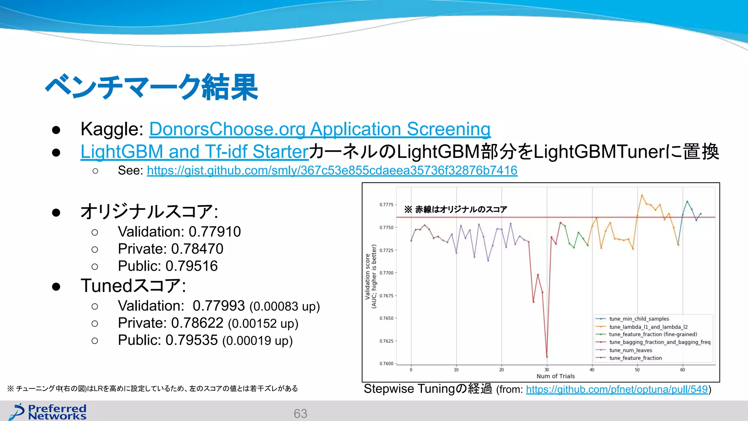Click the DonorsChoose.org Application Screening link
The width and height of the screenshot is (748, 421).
tap(320, 129)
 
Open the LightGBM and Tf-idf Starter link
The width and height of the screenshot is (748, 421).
tap(194, 152)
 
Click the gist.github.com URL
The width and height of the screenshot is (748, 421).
tap(332, 170)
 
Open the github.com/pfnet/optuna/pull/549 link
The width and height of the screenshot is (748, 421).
tap(617, 389)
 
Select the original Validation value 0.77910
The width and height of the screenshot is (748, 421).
tap(215, 232)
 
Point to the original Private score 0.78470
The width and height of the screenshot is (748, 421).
tap(197, 249)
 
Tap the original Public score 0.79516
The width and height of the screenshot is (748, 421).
tap(191, 266)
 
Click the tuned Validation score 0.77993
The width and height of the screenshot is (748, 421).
tap(219, 306)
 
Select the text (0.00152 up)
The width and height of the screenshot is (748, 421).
tap(263, 324)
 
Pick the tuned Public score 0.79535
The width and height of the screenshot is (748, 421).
tap(191, 340)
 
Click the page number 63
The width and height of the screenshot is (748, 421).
tap(300, 414)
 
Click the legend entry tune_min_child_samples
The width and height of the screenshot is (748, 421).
tap(639, 319)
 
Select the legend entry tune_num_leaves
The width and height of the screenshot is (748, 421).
tap(630, 350)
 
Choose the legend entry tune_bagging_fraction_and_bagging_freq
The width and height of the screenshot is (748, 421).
tap(660, 342)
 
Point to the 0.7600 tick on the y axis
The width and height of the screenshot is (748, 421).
tap(386, 364)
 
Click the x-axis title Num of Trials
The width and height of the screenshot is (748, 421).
tap(556, 376)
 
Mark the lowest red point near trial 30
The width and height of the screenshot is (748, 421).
tap(547, 357)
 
